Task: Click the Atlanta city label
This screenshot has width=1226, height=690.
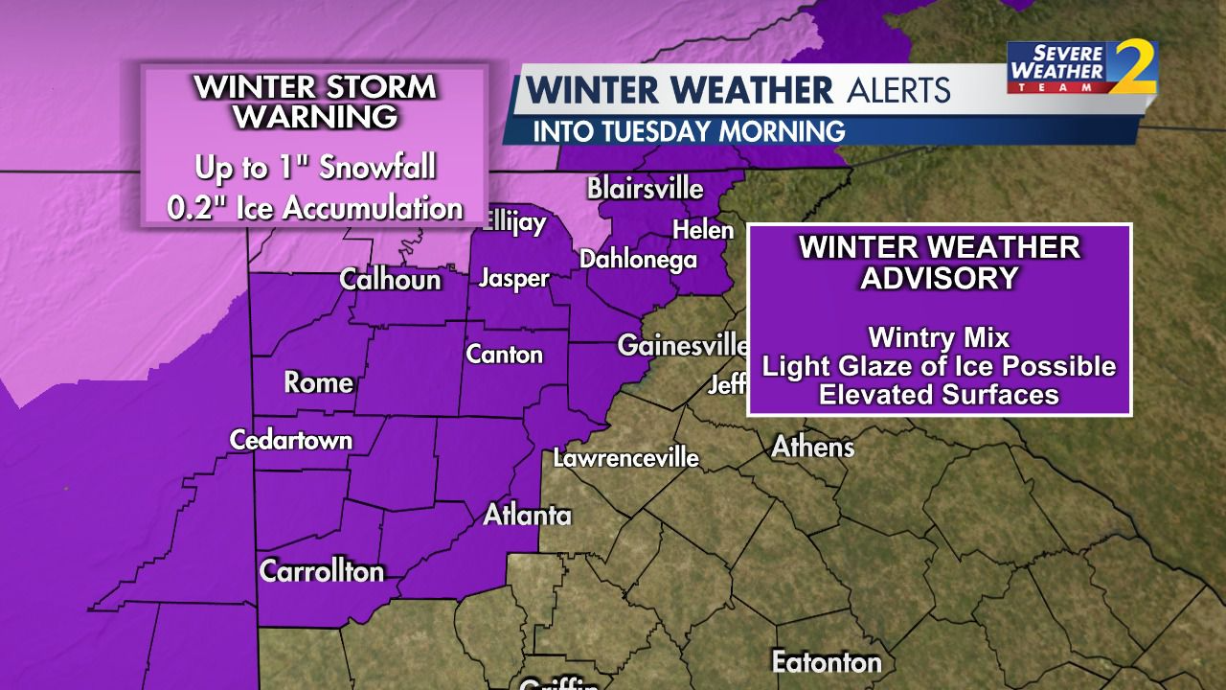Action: point(527,515)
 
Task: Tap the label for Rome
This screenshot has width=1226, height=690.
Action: point(319,382)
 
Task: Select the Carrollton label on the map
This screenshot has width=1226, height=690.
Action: point(322,571)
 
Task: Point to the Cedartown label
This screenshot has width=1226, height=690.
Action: point(291,440)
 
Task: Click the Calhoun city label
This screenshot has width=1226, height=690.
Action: point(391,280)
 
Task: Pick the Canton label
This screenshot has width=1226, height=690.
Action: point(505,354)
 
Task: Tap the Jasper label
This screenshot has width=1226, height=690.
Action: point(514,279)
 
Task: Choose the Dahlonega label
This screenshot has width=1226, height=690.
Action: point(638,259)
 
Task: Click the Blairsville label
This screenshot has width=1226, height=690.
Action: point(645,188)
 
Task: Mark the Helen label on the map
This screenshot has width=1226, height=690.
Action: point(702,230)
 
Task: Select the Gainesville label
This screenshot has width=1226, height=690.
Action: point(682,345)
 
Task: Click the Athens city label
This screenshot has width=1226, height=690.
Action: point(813,446)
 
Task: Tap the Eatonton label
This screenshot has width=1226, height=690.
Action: point(827,661)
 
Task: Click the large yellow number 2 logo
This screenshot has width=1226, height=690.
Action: point(1136,67)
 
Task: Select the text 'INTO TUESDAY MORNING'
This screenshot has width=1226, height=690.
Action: point(688,130)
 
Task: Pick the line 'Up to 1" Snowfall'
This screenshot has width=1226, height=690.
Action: point(315,169)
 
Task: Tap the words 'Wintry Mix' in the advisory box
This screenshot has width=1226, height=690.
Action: point(939,337)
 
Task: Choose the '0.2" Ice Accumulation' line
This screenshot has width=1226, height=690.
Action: point(315,208)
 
